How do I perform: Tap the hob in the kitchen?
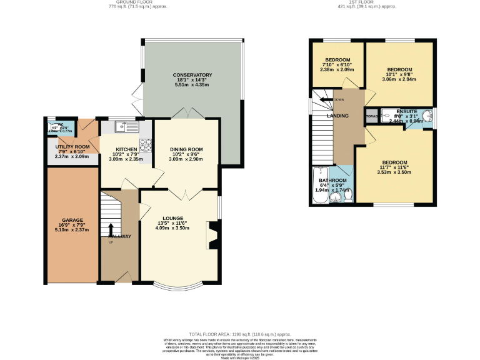(146, 145)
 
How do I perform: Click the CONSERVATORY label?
(192, 75)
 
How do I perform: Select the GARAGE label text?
(72, 220)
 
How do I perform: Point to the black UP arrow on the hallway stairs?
(111, 229)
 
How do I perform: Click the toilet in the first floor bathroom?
(347, 196)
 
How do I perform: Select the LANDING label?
(337, 116)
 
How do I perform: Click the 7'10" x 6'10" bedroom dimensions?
(337, 64)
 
